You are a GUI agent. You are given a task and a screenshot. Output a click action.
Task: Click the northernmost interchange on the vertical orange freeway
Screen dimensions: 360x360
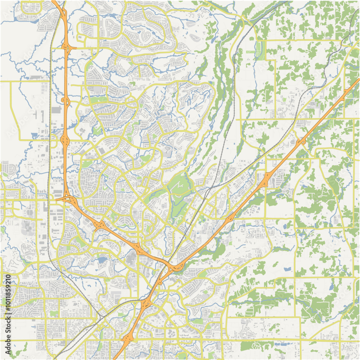click(x=66, y=47)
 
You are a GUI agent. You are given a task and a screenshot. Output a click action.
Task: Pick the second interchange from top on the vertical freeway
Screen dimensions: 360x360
click(x=66, y=101)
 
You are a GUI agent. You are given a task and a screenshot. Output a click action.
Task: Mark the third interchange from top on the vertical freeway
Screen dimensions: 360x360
click(x=65, y=139)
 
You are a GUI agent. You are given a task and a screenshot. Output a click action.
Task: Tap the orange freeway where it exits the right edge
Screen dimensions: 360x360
click(x=357, y=80)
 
